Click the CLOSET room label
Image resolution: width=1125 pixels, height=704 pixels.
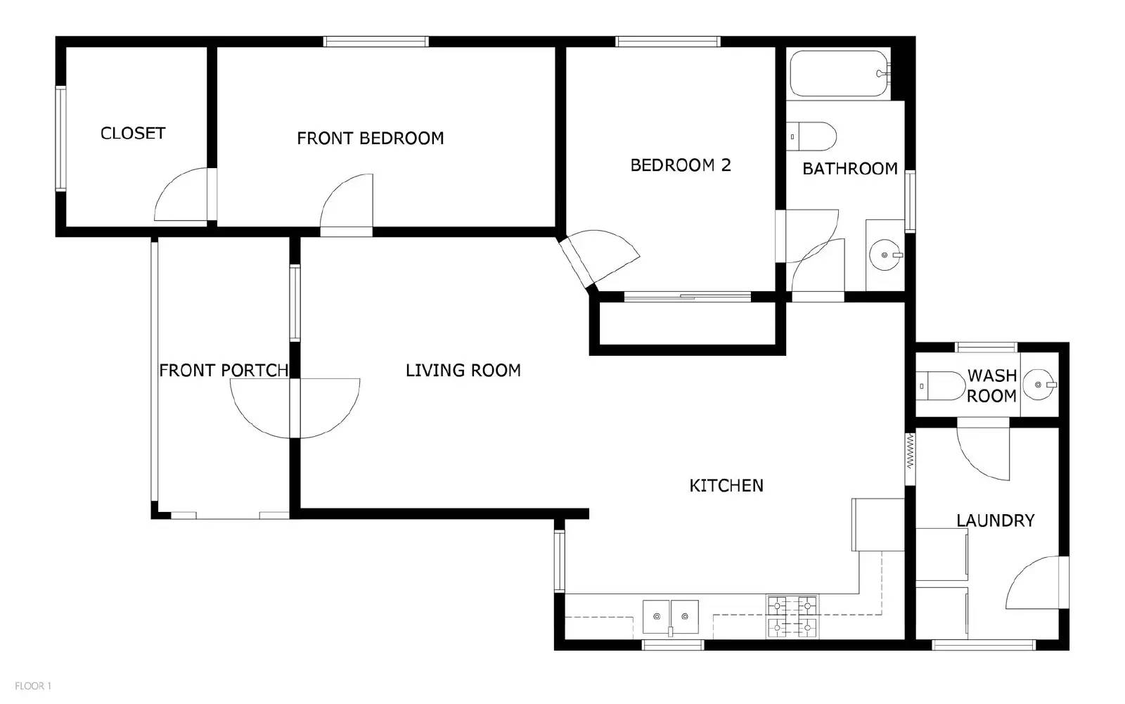tap(133, 133)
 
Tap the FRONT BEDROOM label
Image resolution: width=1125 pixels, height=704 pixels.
tap(370, 138)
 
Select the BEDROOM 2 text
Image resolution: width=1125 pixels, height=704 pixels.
tap(680, 165)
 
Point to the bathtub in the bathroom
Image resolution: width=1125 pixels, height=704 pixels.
tap(838, 73)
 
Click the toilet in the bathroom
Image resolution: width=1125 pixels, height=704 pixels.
tap(813, 136)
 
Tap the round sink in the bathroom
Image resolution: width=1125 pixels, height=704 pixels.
tap(884, 255)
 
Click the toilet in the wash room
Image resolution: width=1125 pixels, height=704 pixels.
tap(942, 385)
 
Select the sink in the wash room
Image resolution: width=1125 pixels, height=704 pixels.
tap(1039, 385)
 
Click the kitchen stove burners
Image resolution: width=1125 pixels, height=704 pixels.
tap(792, 615)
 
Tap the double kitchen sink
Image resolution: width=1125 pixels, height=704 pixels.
tap(670, 617)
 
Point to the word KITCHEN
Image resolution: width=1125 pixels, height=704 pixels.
tap(726, 485)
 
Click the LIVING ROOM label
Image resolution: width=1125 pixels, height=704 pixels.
tap(463, 370)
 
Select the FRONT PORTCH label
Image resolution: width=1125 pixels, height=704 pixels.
tap(224, 370)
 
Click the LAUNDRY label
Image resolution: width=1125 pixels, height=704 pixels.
tap(995, 520)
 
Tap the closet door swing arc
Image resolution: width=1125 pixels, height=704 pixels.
tap(179, 196)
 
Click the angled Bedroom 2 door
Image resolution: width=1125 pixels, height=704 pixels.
tap(598, 257)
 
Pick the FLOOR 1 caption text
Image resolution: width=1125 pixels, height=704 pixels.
tap(33, 686)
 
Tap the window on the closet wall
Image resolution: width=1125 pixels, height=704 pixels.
tap(60, 139)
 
